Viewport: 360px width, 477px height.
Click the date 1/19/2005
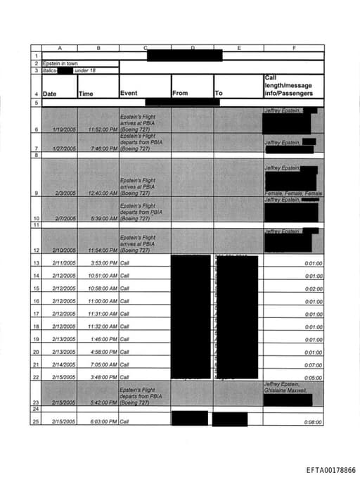coord(64,130)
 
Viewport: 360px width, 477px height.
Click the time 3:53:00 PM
coord(103,262)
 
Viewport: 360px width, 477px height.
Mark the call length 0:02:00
coord(314,288)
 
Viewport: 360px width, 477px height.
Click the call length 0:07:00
coord(314,365)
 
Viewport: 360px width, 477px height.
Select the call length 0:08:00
coord(314,421)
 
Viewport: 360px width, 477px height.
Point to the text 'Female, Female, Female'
coord(293,193)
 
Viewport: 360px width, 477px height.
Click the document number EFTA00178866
coord(330,469)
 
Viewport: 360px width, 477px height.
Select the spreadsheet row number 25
coord(35,421)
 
